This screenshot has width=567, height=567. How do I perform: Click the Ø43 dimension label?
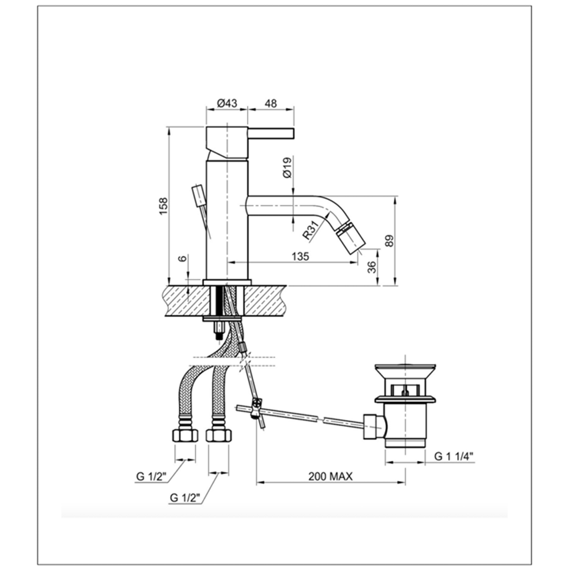(x=227, y=103)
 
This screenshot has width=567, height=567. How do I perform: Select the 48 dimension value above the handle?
(x=271, y=103)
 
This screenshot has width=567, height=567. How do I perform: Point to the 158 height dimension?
(x=164, y=206)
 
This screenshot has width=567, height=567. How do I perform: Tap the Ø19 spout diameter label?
(x=287, y=168)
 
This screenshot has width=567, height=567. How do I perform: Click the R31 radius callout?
(x=311, y=230)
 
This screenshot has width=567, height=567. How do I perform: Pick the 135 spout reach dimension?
(x=300, y=256)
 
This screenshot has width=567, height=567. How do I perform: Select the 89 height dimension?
(x=389, y=241)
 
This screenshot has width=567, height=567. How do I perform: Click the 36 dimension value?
(x=371, y=267)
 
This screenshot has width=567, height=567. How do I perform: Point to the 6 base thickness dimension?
(x=183, y=258)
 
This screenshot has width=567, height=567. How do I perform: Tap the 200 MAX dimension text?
(x=330, y=476)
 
